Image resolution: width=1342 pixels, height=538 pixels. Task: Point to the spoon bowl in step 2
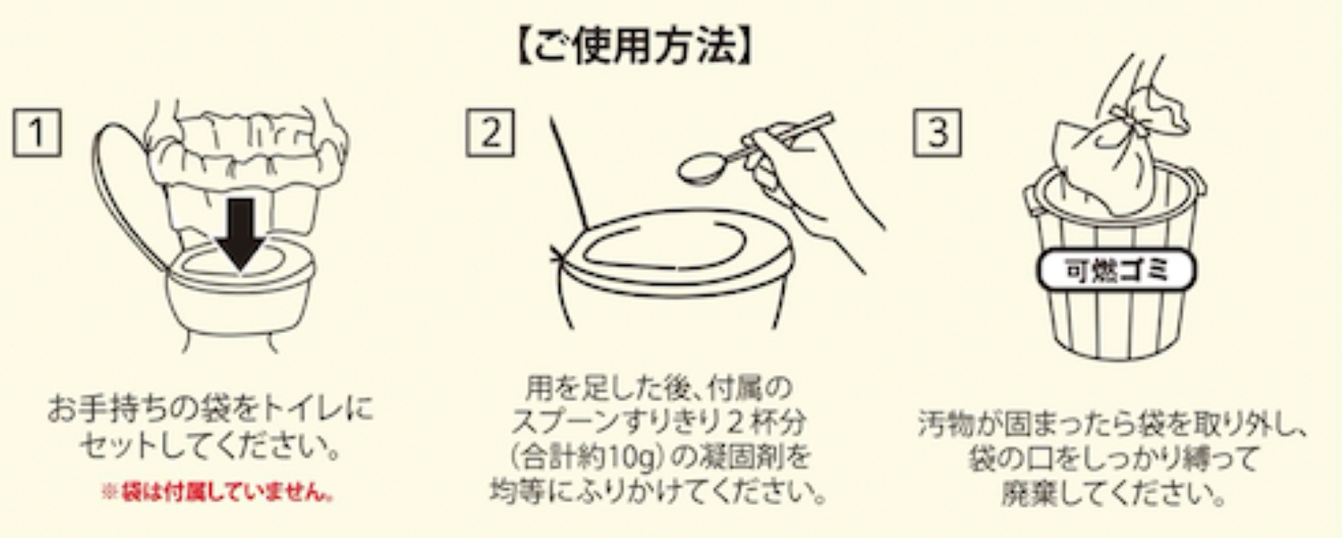(701, 168)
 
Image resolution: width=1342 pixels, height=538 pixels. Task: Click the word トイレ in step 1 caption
(301, 413)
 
